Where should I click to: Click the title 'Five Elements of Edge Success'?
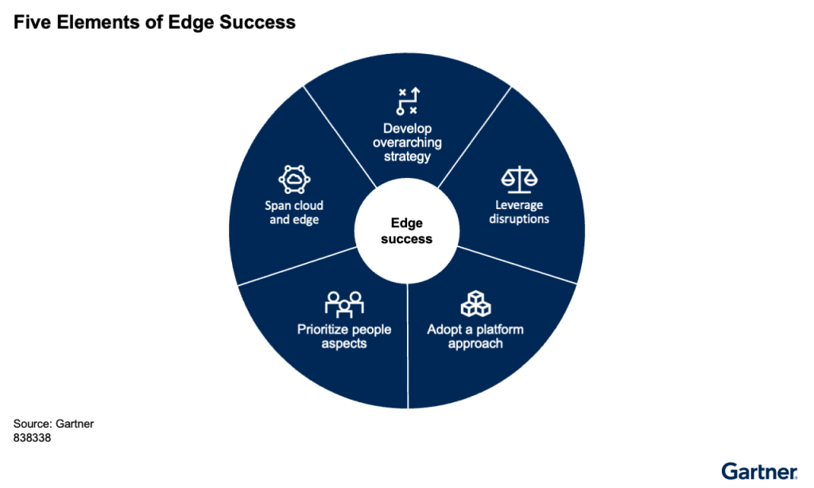pyautogui.click(x=154, y=22)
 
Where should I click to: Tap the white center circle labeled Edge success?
pyautogui.click(x=407, y=231)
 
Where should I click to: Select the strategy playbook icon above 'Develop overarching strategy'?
pyautogui.click(x=407, y=103)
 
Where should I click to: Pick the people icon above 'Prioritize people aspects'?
pyautogui.click(x=344, y=304)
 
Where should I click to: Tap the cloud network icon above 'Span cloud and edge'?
pyautogui.click(x=293, y=179)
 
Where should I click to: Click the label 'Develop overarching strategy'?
pyautogui.click(x=407, y=142)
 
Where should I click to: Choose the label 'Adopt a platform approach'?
pyautogui.click(x=475, y=336)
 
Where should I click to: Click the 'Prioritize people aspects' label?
pyautogui.click(x=344, y=336)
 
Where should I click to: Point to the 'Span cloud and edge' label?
pyautogui.click(x=293, y=212)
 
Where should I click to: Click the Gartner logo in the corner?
pyautogui.click(x=760, y=471)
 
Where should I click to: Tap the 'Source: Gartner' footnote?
pyautogui.click(x=53, y=424)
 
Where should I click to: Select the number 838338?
pyautogui.click(x=33, y=437)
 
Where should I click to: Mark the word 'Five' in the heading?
pyautogui.click(x=30, y=22)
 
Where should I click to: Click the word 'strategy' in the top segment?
pyautogui.click(x=407, y=157)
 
